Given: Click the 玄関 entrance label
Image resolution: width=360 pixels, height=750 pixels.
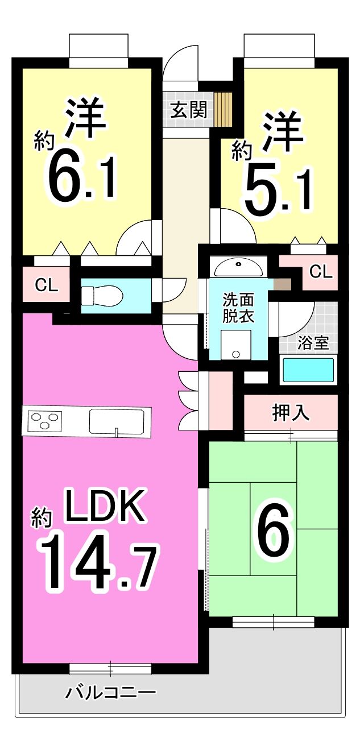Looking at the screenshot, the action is point(189,110).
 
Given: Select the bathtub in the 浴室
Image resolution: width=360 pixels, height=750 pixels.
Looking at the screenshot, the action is point(308,370).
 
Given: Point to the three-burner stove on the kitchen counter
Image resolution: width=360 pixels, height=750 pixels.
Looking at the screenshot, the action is point(44,420).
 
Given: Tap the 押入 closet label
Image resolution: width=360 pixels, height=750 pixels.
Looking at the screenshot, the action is point(290,412).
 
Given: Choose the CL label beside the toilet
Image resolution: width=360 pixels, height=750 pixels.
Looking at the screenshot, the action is point(47,285).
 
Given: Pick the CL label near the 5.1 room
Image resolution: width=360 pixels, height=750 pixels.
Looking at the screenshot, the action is point(321,272).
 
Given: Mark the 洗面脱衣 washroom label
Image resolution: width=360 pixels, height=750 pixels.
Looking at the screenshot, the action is point(238,308).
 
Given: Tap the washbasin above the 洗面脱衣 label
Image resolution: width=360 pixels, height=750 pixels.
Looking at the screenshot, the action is point(239,267).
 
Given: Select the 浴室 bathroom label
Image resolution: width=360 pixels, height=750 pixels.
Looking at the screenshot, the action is point(313,342).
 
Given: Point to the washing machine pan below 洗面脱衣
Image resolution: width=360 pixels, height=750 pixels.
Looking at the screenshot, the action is point(236,345).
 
